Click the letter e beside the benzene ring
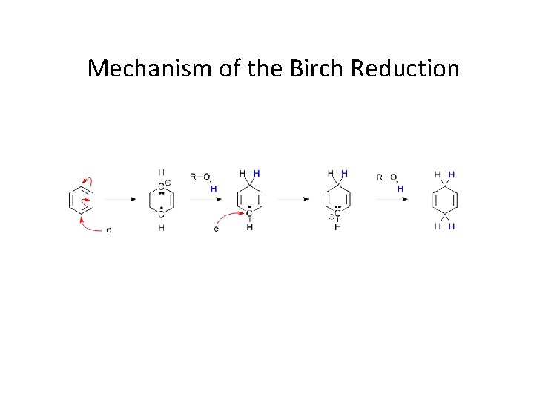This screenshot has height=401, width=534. pos(108,229)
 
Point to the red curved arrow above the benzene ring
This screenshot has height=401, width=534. pos(89,182)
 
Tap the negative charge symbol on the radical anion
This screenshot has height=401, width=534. pos(168,183)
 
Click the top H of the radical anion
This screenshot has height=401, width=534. pos(161,172)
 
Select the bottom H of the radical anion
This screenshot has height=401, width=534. pos(161,228)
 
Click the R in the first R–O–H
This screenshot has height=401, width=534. pos(194,177)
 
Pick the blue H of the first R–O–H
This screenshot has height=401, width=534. pos(214,189)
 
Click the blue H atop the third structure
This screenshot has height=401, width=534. pos(257,173)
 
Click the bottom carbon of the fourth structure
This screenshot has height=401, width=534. pos(337,215)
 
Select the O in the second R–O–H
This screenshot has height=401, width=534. pos(393,177)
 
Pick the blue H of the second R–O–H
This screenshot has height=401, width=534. pos(400,189)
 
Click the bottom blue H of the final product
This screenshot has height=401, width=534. pos(452,226)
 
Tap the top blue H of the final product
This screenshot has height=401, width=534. pos(452,174)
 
